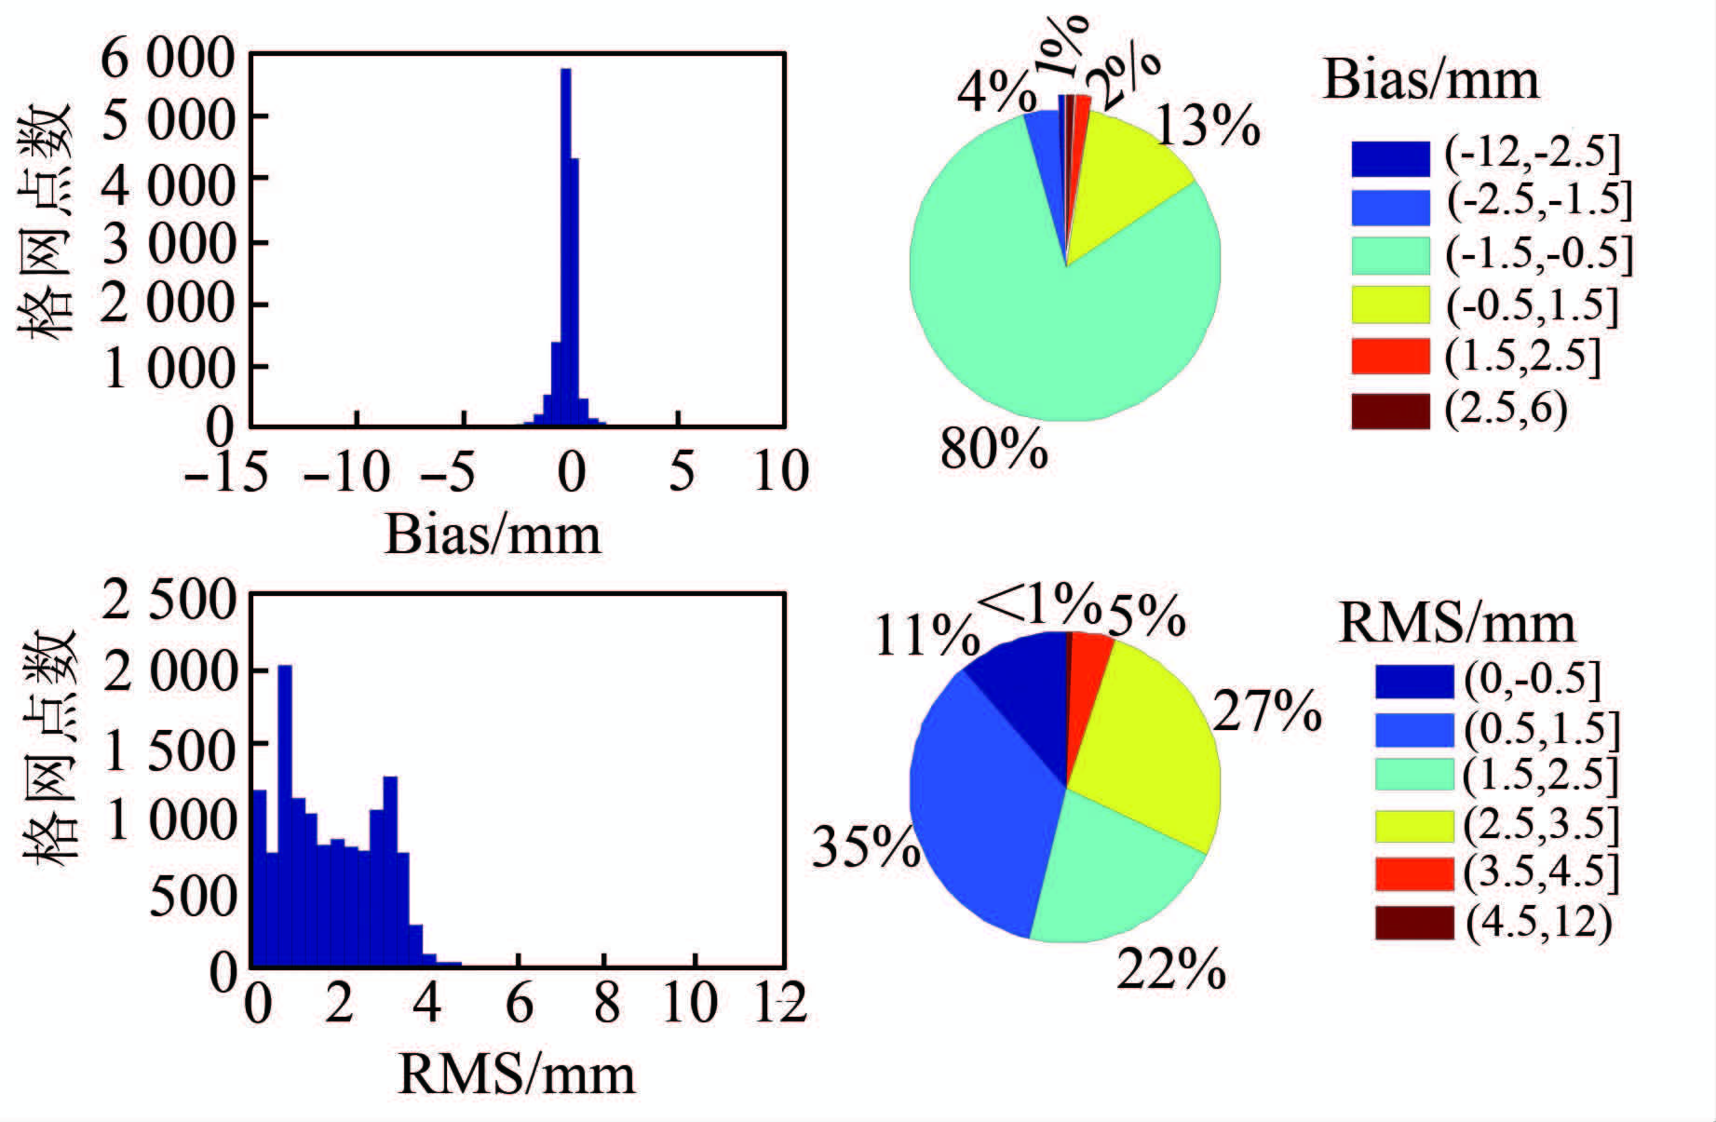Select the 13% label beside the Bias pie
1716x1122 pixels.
(1208, 126)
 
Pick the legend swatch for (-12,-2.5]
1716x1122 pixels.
(1390, 158)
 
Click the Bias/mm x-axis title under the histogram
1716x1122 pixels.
(493, 535)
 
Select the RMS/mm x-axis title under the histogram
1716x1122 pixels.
(517, 1074)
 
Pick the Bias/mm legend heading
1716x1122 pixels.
(1430, 80)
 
